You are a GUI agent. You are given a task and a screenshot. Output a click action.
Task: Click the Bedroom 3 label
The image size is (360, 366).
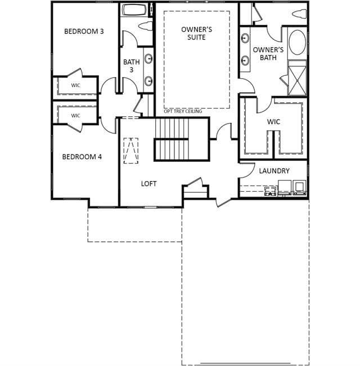point(84,31)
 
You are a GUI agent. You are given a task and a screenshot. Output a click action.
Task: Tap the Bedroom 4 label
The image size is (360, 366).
point(82,157)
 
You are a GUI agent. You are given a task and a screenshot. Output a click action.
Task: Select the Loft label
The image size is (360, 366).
point(148,184)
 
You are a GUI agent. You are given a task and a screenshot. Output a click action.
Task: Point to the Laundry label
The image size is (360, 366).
point(274,170)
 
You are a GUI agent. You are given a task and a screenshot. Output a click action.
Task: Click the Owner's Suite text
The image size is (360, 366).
point(196,33)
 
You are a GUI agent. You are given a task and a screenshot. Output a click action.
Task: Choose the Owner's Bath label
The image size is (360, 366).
point(268,53)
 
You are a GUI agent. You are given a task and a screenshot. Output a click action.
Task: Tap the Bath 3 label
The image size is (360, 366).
point(132,66)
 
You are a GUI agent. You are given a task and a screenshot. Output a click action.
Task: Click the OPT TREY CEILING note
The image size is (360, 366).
point(183,111)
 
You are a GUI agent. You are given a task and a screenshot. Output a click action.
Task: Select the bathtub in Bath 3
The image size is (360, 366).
point(134,10)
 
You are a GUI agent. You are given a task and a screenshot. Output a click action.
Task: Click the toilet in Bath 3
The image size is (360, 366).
point(146,26)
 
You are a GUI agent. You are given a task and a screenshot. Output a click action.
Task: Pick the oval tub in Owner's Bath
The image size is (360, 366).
point(297,42)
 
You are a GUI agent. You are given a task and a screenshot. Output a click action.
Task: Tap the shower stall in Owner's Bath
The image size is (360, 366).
point(297,78)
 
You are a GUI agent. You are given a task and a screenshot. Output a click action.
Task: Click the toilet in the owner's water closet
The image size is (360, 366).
point(300,13)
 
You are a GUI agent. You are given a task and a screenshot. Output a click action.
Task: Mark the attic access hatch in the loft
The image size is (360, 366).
point(130,151)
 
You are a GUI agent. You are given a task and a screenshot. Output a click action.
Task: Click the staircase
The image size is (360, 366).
point(181,139)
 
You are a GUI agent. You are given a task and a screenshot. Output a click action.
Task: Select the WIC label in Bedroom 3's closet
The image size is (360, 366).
point(75,85)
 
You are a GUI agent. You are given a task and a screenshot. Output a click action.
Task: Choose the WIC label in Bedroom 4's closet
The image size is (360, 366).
point(75,116)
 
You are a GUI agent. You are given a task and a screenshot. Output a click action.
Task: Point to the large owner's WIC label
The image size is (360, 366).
point(273,121)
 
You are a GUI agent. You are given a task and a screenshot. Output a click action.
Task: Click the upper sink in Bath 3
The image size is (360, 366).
point(148,58)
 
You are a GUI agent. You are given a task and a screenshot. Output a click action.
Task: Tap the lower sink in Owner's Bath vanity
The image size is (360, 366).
point(245,61)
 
